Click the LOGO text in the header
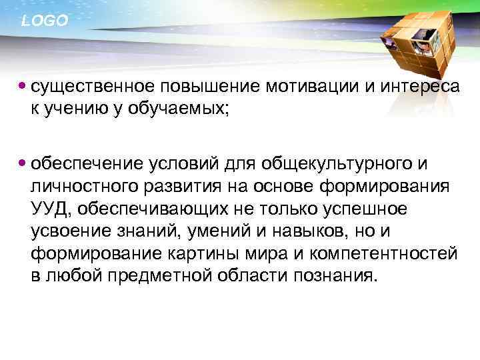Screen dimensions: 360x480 (44, 21)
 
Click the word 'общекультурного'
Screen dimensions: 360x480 (341, 164)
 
